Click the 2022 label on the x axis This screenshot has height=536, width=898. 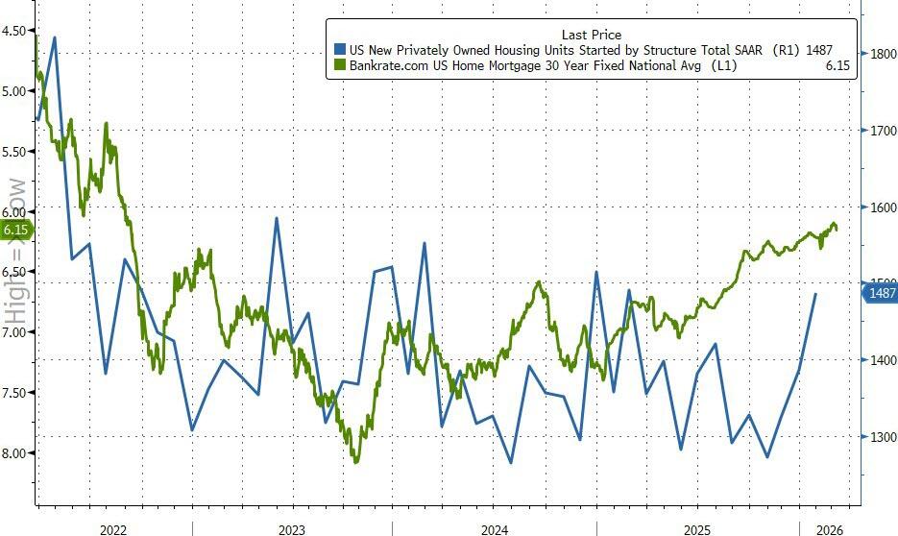(113, 529)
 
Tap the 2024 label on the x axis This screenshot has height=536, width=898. (495, 529)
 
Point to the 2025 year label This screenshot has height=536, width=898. (697, 529)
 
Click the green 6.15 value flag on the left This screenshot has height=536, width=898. (16, 230)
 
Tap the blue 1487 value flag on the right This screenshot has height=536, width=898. (879, 293)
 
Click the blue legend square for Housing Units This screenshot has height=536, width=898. (339, 49)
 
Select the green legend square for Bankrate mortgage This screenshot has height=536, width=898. (339, 64)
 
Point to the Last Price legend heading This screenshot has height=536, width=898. (591, 35)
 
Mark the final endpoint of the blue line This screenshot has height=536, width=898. (816, 294)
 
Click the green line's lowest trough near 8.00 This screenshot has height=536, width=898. (357, 462)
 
